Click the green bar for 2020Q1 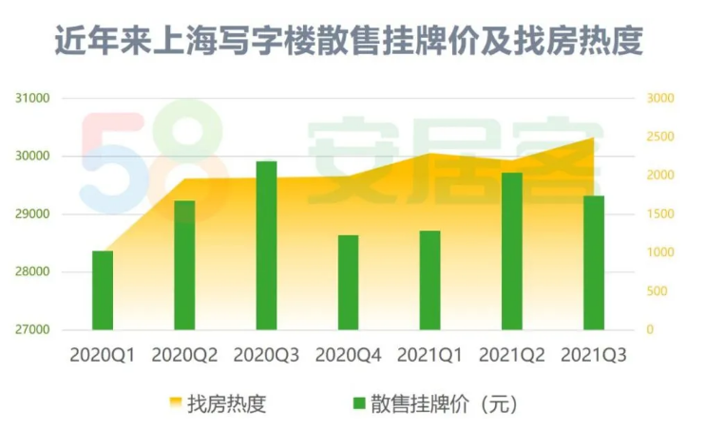point(103,290)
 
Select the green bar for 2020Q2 point(184,266)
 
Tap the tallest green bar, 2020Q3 point(266,246)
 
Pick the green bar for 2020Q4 point(349,283)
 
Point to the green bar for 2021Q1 point(430,281)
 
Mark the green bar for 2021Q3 point(594,263)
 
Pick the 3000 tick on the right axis point(659,99)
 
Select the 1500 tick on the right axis point(659,214)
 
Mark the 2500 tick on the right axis point(659,138)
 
